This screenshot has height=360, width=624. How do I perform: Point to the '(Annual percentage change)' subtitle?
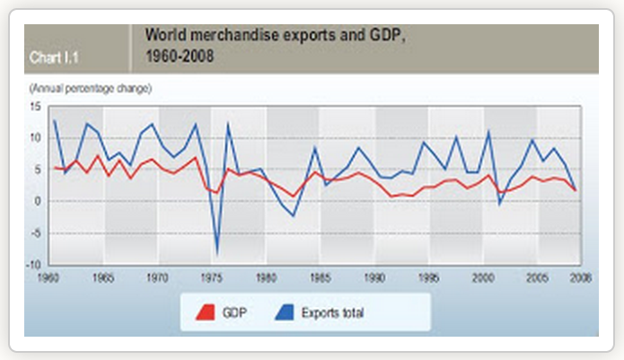90,88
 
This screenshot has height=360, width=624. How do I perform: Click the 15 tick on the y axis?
36,107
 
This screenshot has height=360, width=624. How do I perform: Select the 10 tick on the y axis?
36,138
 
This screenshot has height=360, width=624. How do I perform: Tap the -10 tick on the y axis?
34,264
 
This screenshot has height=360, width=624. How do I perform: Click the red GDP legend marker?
206,312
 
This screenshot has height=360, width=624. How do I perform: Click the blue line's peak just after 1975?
228,123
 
